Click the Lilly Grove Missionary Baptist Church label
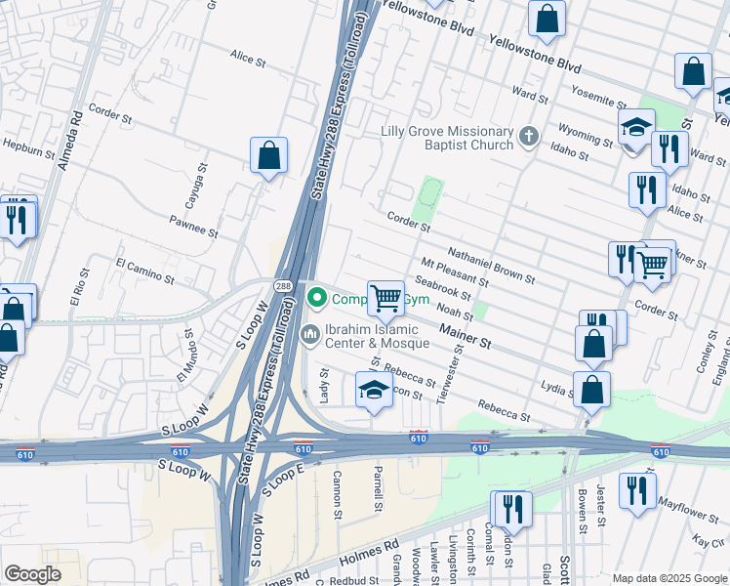[x=447, y=138]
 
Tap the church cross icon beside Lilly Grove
[x=529, y=136]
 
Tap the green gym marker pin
[x=316, y=297]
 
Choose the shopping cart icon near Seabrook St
[x=385, y=298]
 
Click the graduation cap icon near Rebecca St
[x=374, y=390]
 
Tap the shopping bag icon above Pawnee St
[x=268, y=154]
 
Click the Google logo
[x=33, y=574]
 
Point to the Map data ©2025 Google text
[x=669, y=578]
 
